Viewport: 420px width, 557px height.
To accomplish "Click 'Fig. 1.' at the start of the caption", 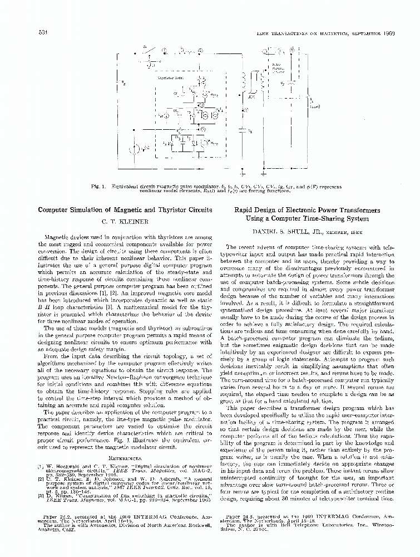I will (102, 186).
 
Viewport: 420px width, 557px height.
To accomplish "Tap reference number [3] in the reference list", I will (41, 494).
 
